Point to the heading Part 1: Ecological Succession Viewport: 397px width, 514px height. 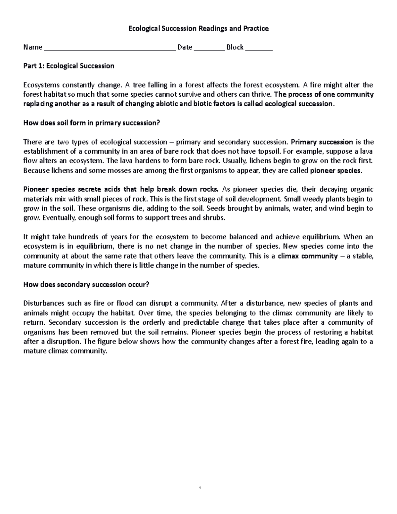(x=68, y=66)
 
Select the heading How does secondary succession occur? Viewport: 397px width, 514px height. (x=86, y=284)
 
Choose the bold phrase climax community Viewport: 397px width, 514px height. (x=308, y=256)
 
